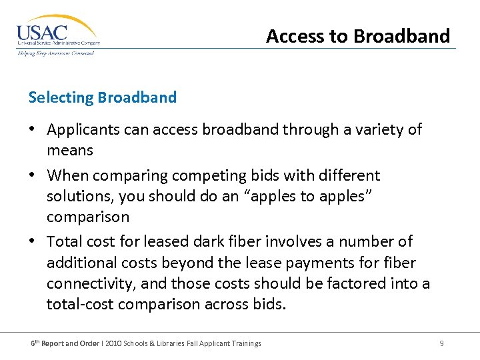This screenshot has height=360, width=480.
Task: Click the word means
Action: pos(69,150)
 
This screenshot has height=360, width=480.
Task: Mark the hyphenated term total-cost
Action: pos(80,304)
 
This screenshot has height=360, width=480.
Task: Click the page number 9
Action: pos(441,343)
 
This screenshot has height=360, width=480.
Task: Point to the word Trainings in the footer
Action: pos(244,343)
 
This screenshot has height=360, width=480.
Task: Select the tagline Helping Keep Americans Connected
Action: pos(56,53)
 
